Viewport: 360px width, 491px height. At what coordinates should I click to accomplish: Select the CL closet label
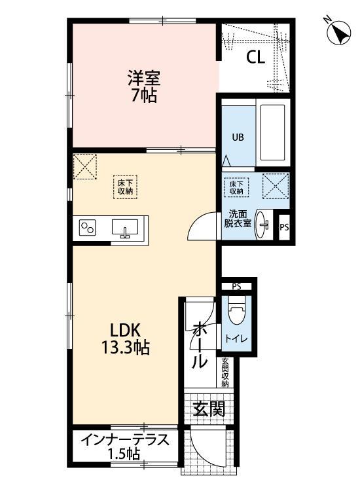click(x=255, y=57)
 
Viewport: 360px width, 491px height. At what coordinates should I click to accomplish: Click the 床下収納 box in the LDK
click(x=125, y=187)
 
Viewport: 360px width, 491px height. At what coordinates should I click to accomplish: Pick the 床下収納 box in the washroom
click(x=236, y=187)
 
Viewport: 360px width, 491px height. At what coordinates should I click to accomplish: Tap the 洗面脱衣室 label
click(x=237, y=219)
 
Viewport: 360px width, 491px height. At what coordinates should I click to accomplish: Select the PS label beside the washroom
click(x=283, y=227)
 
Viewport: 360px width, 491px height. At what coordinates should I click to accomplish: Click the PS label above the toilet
click(x=236, y=285)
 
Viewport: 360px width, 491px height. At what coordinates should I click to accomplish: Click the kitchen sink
click(x=124, y=228)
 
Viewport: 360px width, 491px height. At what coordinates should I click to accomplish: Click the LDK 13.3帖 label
click(x=128, y=338)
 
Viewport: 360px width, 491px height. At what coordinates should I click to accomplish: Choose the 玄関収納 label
click(x=225, y=373)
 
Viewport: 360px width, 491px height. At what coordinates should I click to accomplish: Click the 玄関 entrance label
click(x=209, y=410)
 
